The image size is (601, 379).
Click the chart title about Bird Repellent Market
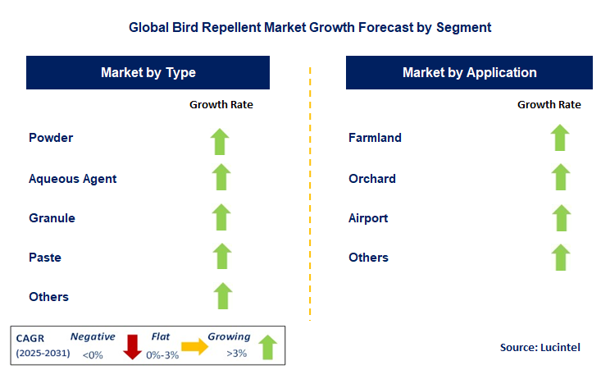pos(310,27)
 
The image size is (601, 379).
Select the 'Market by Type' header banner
pos(148,73)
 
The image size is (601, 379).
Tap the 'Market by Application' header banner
pos(469,73)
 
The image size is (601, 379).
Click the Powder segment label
pos(51,138)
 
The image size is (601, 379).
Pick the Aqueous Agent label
pos(72,179)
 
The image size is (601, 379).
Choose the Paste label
pos(45,258)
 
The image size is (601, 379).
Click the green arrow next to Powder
pos(221,141)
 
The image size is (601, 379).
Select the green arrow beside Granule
pos(221,217)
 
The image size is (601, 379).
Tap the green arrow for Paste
pos(221,256)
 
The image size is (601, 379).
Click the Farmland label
pos(375,138)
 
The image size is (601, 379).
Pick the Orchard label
pos(372,179)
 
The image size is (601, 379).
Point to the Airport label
pos(368,218)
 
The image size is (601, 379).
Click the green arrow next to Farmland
pos(560,138)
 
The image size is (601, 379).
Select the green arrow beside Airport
pos(560,218)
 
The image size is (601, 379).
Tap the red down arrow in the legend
pos(132,347)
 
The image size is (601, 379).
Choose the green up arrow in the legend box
pos(267,347)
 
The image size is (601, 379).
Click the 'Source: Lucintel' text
pos(540,348)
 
